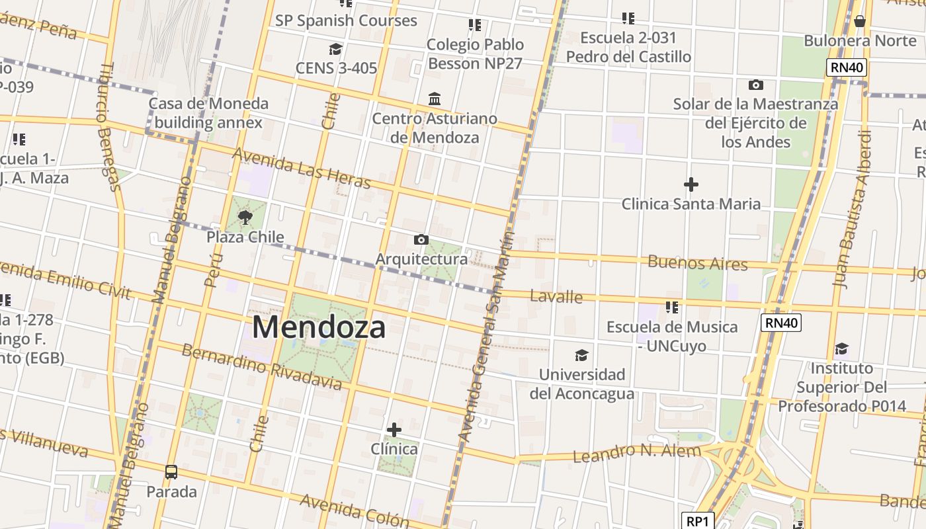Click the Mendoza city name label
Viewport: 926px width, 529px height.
click(318, 327)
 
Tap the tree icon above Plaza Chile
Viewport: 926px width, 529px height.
click(245, 217)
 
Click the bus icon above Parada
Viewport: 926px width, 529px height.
click(171, 472)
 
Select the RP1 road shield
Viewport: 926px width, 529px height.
click(697, 521)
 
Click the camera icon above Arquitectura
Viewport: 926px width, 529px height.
click(421, 239)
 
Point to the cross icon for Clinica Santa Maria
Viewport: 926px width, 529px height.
click(691, 184)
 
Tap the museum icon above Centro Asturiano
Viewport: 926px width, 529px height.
click(435, 99)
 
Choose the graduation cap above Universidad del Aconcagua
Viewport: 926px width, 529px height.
click(581, 355)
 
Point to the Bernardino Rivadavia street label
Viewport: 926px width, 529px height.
click(261, 367)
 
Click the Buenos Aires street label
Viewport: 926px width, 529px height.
click(697, 263)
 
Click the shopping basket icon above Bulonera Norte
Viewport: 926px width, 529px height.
click(859, 21)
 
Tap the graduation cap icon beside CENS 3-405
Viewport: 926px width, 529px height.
click(335, 49)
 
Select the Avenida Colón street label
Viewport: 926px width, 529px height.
click(349, 510)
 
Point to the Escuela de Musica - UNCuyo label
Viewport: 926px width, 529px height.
click(672, 336)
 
